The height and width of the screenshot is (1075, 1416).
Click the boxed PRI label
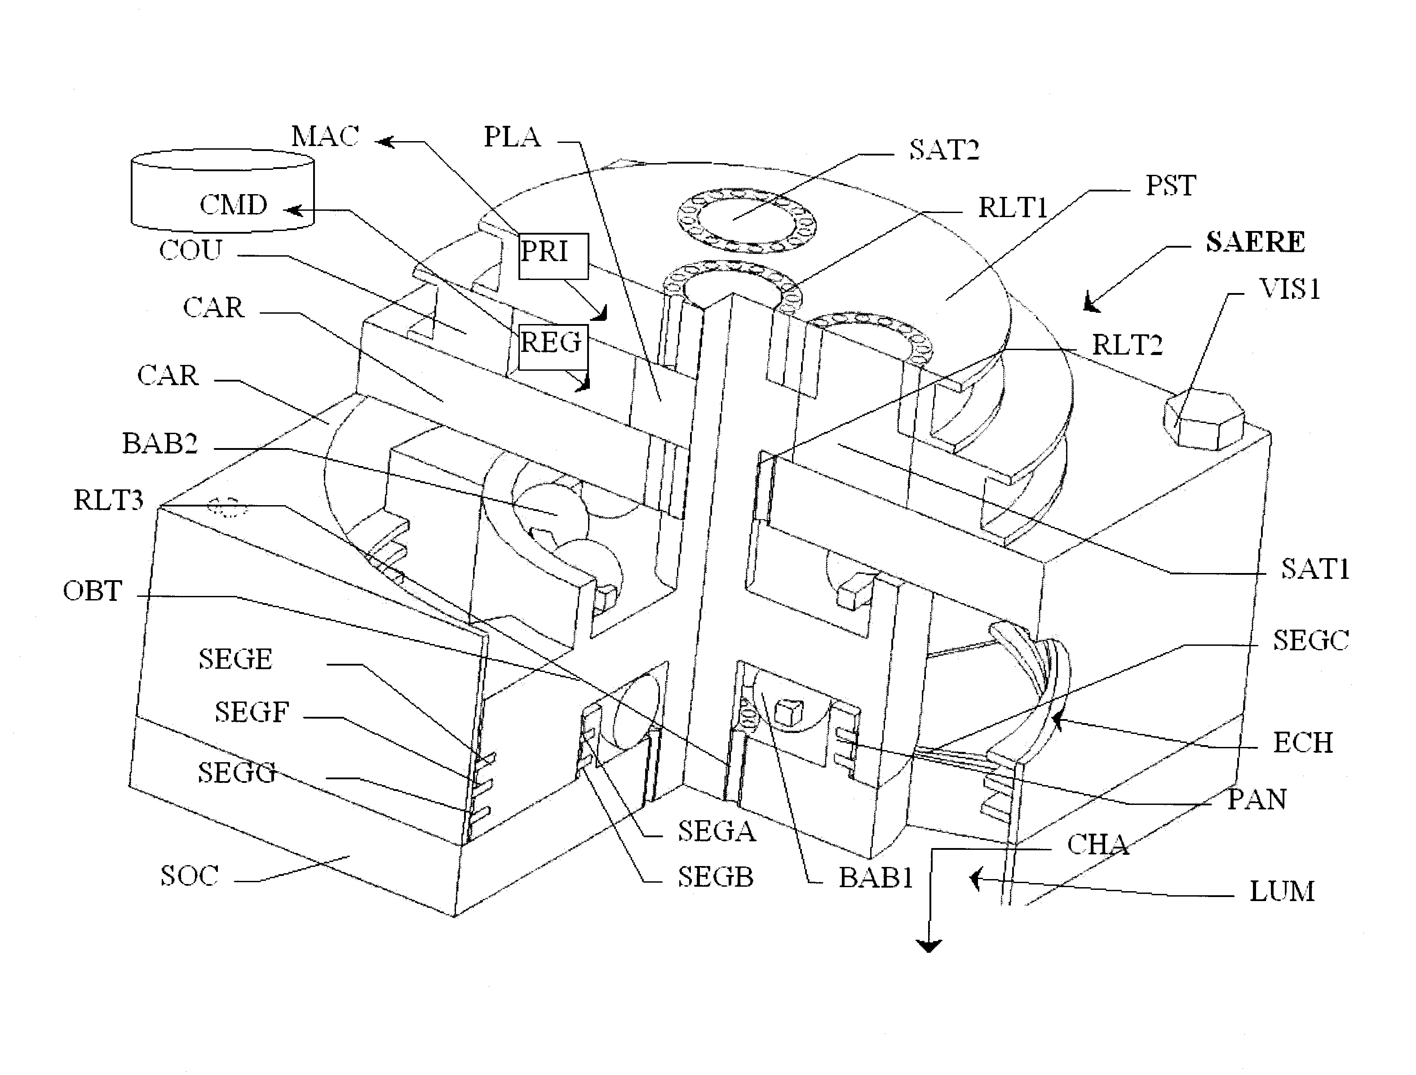coord(553,255)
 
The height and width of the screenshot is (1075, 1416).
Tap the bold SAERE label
coord(1255,243)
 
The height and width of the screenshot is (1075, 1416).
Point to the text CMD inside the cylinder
coord(233,205)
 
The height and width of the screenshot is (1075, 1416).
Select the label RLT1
coord(1012,208)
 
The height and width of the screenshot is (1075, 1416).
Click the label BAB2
coord(159,444)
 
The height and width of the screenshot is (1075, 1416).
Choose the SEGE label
coord(235,659)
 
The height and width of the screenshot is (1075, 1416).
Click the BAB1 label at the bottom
coord(876,878)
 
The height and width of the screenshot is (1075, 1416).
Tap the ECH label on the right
coord(1303,743)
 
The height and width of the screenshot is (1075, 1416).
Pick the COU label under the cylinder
coord(191,250)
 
